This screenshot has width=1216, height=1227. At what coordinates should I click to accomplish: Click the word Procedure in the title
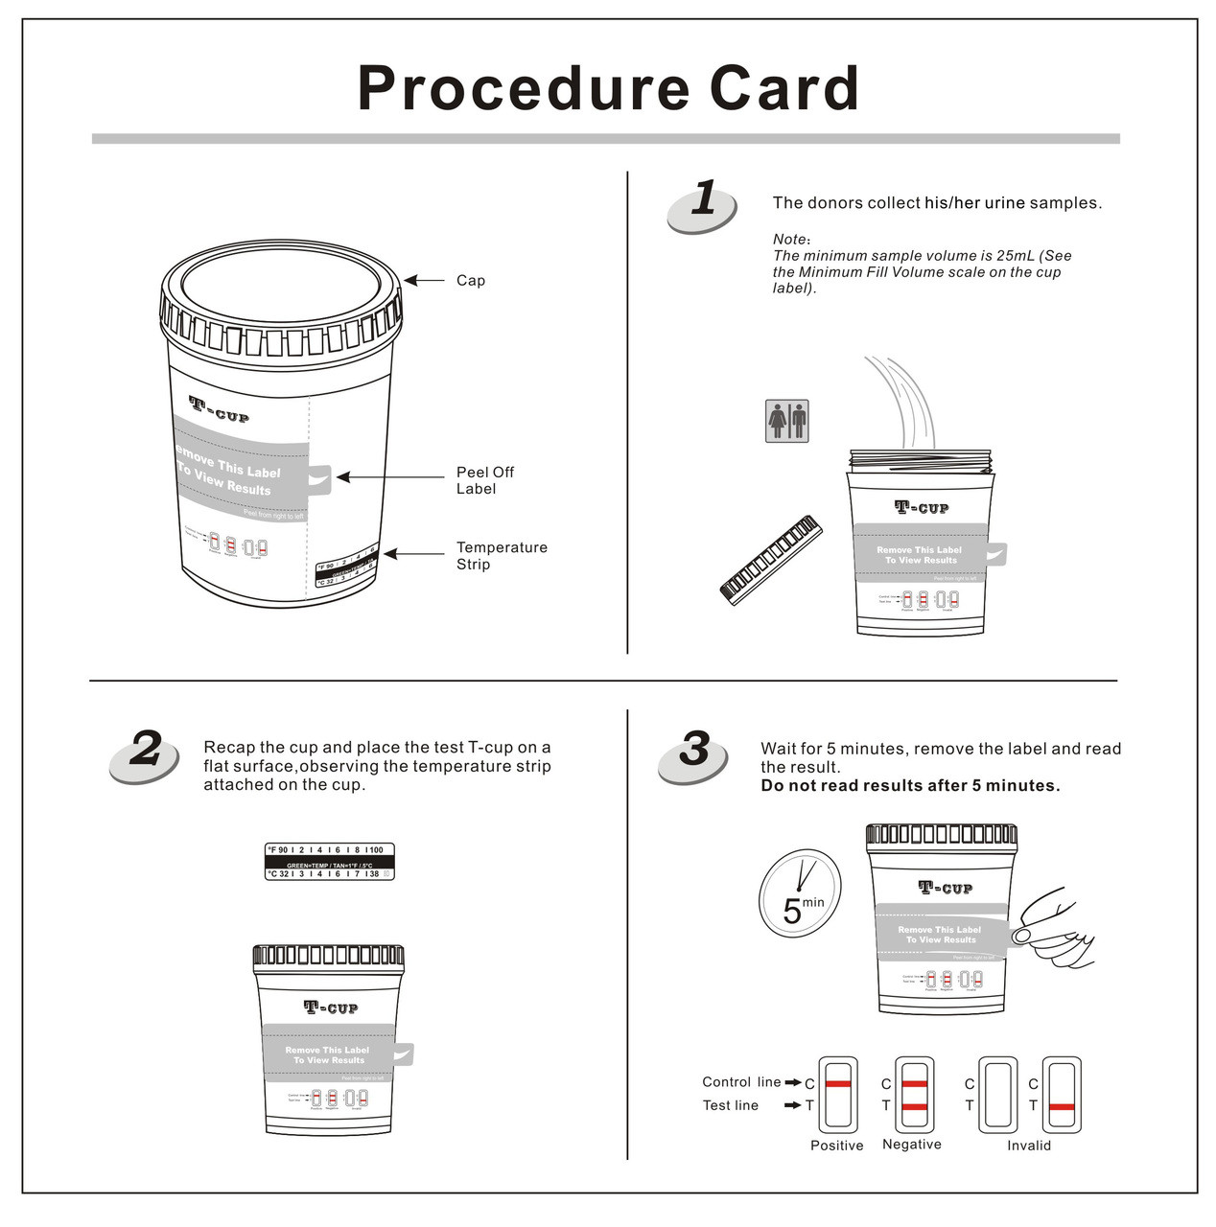click(x=523, y=88)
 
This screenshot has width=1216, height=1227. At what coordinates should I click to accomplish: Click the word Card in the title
click(x=783, y=88)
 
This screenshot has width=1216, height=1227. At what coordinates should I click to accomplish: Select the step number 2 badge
click(x=145, y=754)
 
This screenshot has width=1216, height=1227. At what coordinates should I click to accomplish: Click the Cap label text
click(x=470, y=281)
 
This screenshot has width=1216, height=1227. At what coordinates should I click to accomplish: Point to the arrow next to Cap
click(x=423, y=281)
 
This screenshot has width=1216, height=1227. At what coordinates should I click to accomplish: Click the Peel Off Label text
click(x=484, y=480)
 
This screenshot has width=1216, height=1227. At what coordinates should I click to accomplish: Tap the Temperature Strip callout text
click(x=501, y=556)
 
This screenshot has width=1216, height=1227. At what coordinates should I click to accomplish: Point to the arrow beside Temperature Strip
click(x=412, y=555)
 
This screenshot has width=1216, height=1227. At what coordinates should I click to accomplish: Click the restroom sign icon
click(x=786, y=421)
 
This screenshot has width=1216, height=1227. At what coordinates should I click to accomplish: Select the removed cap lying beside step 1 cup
click(x=771, y=561)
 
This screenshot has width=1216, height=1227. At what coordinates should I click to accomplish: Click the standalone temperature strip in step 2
click(x=329, y=862)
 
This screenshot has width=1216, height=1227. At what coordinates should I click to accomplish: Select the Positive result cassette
click(x=837, y=1095)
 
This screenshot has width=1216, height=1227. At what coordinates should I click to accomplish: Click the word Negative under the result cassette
click(x=911, y=1145)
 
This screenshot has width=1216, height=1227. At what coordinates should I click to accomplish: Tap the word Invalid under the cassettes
click(x=1028, y=1146)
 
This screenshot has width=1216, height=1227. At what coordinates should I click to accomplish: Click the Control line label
click(x=740, y=1082)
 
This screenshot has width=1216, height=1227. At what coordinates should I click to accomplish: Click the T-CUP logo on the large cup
click(x=219, y=409)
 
